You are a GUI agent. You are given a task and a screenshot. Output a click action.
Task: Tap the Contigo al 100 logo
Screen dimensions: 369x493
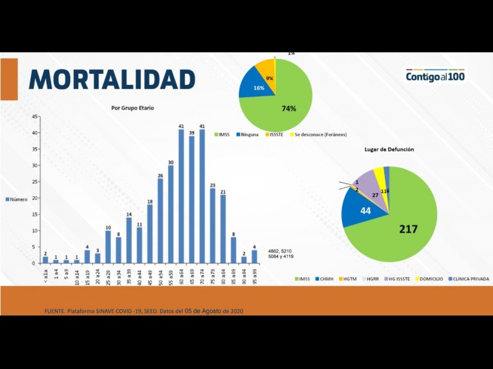435,76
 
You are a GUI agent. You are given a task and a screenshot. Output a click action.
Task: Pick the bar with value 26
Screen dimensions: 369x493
160,221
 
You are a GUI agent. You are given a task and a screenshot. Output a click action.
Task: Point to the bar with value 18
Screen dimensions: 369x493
150,234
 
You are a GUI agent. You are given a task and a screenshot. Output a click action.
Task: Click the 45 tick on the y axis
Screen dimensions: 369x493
35,116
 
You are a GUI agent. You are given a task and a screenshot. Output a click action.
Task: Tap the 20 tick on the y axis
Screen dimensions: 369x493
35,198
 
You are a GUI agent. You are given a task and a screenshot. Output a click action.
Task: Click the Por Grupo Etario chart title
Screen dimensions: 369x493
132,108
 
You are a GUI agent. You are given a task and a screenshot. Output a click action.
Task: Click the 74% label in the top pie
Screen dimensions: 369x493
288,108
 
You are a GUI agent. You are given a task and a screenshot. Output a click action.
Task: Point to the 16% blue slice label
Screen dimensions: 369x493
259,88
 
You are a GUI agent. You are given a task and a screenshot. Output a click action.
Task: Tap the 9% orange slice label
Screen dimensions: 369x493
269,78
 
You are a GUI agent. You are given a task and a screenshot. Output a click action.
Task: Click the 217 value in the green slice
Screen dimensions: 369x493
408,229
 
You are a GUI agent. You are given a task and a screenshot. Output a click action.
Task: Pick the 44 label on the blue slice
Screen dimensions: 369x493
365,210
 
